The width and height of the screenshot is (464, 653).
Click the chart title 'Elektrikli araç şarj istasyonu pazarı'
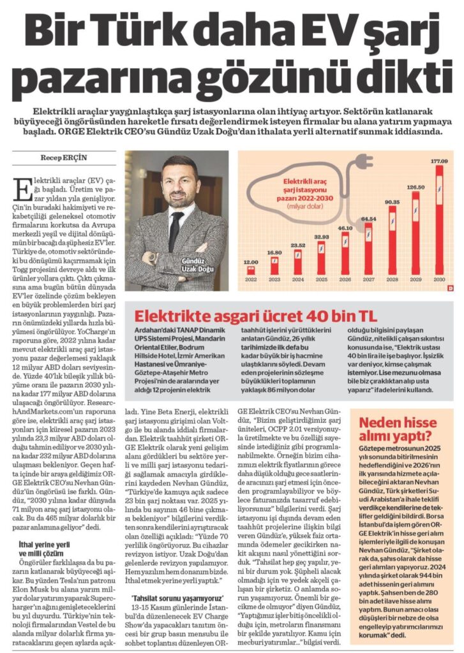(x=305, y=190)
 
